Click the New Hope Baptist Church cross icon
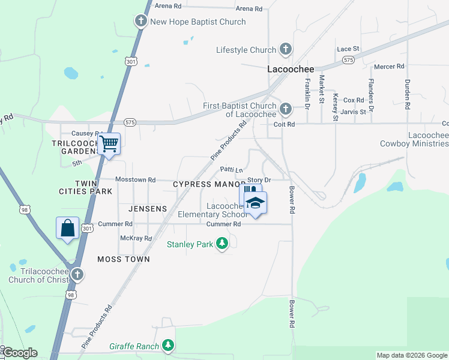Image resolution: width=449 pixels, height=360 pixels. point(141,22)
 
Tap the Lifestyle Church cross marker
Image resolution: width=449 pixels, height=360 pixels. point(286,50)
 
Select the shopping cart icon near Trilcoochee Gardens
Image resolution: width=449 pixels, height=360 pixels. point(109,144)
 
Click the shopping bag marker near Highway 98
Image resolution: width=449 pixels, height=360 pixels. point(67,228)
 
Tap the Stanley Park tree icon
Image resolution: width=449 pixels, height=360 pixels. point(223,244)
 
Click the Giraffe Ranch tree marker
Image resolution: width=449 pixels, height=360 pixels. point(169,346)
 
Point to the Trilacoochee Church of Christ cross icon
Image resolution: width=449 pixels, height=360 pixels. point(77,274)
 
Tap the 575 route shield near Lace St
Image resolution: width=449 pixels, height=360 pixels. point(348,60)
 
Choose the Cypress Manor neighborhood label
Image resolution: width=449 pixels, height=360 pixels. point(209,184)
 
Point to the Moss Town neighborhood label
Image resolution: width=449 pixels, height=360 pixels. point(123,259)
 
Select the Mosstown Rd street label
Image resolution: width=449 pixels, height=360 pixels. point(135,179)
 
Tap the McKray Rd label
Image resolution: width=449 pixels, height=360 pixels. point(136,238)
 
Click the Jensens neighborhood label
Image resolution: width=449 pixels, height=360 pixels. point(147,209)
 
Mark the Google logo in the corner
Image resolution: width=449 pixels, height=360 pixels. point(19,353)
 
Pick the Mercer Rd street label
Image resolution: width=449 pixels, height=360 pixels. point(389,67)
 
